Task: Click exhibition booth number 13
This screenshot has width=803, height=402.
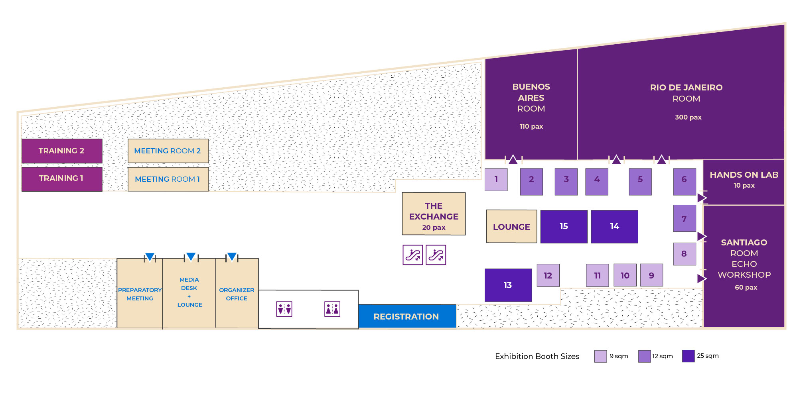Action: [x=508, y=285]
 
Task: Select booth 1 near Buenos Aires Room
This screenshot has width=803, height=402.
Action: [x=496, y=179]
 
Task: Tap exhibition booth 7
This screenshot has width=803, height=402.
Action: [x=684, y=218]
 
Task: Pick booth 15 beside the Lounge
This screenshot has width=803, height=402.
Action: [x=563, y=226]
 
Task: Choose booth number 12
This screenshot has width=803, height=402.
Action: [x=548, y=275]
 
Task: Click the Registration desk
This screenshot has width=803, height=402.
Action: [x=406, y=316]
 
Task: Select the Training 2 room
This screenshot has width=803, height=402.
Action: [x=61, y=151]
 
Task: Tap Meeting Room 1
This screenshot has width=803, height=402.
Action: [x=168, y=179]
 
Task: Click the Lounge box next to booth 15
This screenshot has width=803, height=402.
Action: [x=511, y=226]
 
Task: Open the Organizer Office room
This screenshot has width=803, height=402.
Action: [x=237, y=294]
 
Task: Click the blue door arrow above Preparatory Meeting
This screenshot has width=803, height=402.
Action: [x=150, y=257]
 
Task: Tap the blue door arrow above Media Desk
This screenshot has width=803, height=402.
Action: [x=191, y=257]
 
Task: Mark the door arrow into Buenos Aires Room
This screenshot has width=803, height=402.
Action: [x=513, y=160]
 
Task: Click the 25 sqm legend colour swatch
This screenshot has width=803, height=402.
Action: [x=688, y=356]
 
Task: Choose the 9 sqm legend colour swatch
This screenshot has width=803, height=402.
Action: [x=600, y=356]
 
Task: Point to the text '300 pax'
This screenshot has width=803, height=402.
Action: [x=688, y=117]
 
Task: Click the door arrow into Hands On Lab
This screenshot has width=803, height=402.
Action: [x=702, y=198]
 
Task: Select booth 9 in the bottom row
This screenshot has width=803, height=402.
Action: [x=651, y=275]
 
